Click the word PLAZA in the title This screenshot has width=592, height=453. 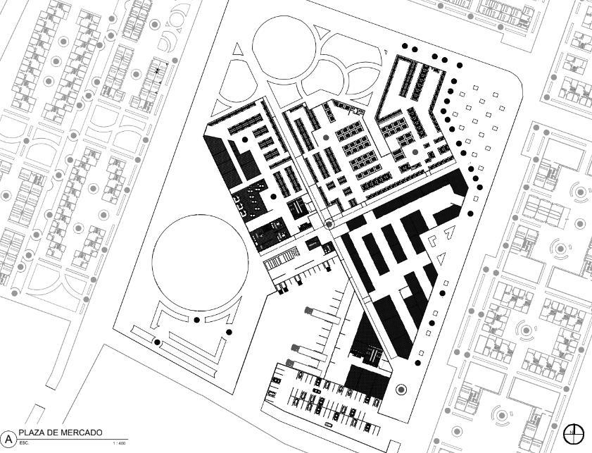point(32,433)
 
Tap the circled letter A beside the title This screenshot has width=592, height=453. point(9,438)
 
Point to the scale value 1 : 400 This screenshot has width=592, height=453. point(119,443)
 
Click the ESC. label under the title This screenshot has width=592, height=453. point(24,443)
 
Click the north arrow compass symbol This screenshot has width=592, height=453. point(574,433)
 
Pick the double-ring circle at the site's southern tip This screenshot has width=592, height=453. point(401,389)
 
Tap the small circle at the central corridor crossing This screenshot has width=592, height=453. point(329,225)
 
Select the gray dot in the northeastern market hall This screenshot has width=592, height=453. point(415,151)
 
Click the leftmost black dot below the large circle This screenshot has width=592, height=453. point(158,342)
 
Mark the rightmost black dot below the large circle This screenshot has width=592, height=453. point(228,332)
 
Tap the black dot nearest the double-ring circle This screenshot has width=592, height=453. point(418,363)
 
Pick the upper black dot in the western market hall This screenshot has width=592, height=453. point(244,139)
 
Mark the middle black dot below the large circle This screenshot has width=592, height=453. point(197,320)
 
